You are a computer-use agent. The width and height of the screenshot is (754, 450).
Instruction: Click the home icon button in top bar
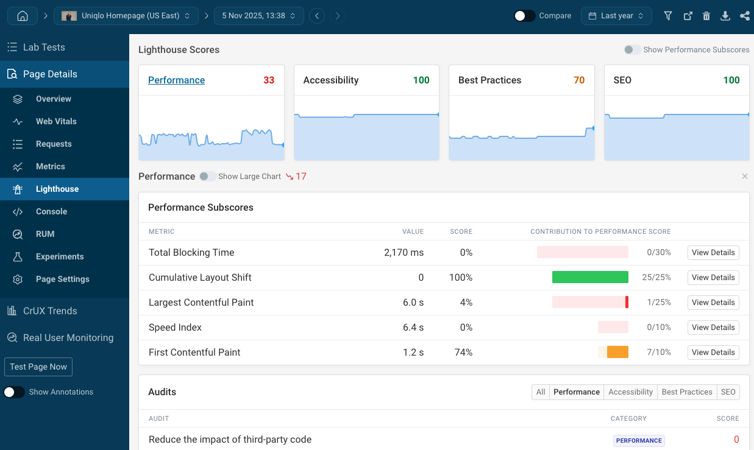pyautogui.click(x=23, y=16)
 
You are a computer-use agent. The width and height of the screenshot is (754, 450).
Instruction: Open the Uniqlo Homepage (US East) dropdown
pyautogui.click(x=126, y=16)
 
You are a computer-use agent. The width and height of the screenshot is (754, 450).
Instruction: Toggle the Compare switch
pyautogui.click(x=524, y=16)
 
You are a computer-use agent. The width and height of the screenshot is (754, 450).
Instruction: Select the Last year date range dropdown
pyautogui.click(x=616, y=16)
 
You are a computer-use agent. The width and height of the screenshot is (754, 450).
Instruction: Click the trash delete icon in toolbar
pyautogui.click(x=706, y=16)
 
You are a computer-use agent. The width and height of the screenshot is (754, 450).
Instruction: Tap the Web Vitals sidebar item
pyautogui.click(x=56, y=121)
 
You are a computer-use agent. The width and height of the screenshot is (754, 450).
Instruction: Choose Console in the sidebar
pyautogui.click(x=51, y=211)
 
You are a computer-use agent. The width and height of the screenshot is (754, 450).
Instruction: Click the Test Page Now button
pyautogui.click(x=38, y=367)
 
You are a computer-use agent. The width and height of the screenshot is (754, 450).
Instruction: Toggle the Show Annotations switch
pyautogui.click(x=14, y=392)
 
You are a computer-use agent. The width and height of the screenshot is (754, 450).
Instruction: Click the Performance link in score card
pyautogui.click(x=176, y=80)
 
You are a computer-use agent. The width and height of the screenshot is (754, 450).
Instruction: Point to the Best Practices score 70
pyautogui.click(x=578, y=80)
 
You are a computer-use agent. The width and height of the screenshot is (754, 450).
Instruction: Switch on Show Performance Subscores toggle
pyautogui.click(x=633, y=50)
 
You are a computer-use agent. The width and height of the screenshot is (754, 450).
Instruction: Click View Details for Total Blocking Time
pyautogui.click(x=713, y=253)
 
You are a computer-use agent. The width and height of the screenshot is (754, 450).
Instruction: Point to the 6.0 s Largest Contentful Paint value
pyautogui.click(x=413, y=303)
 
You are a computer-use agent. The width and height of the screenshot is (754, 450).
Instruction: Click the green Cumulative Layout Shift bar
pyautogui.click(x=589, y=278)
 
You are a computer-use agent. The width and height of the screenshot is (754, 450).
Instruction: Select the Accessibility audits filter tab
pyautogui.click(x=630, y=392)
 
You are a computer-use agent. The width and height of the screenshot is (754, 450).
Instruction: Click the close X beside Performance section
pyautogui.click(x=744, y=177)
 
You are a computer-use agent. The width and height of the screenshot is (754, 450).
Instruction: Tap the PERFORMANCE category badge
pyautogui.click(x=638, y=440)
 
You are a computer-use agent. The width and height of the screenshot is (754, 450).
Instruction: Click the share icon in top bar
pyautogui.click(x=744, y=16)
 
